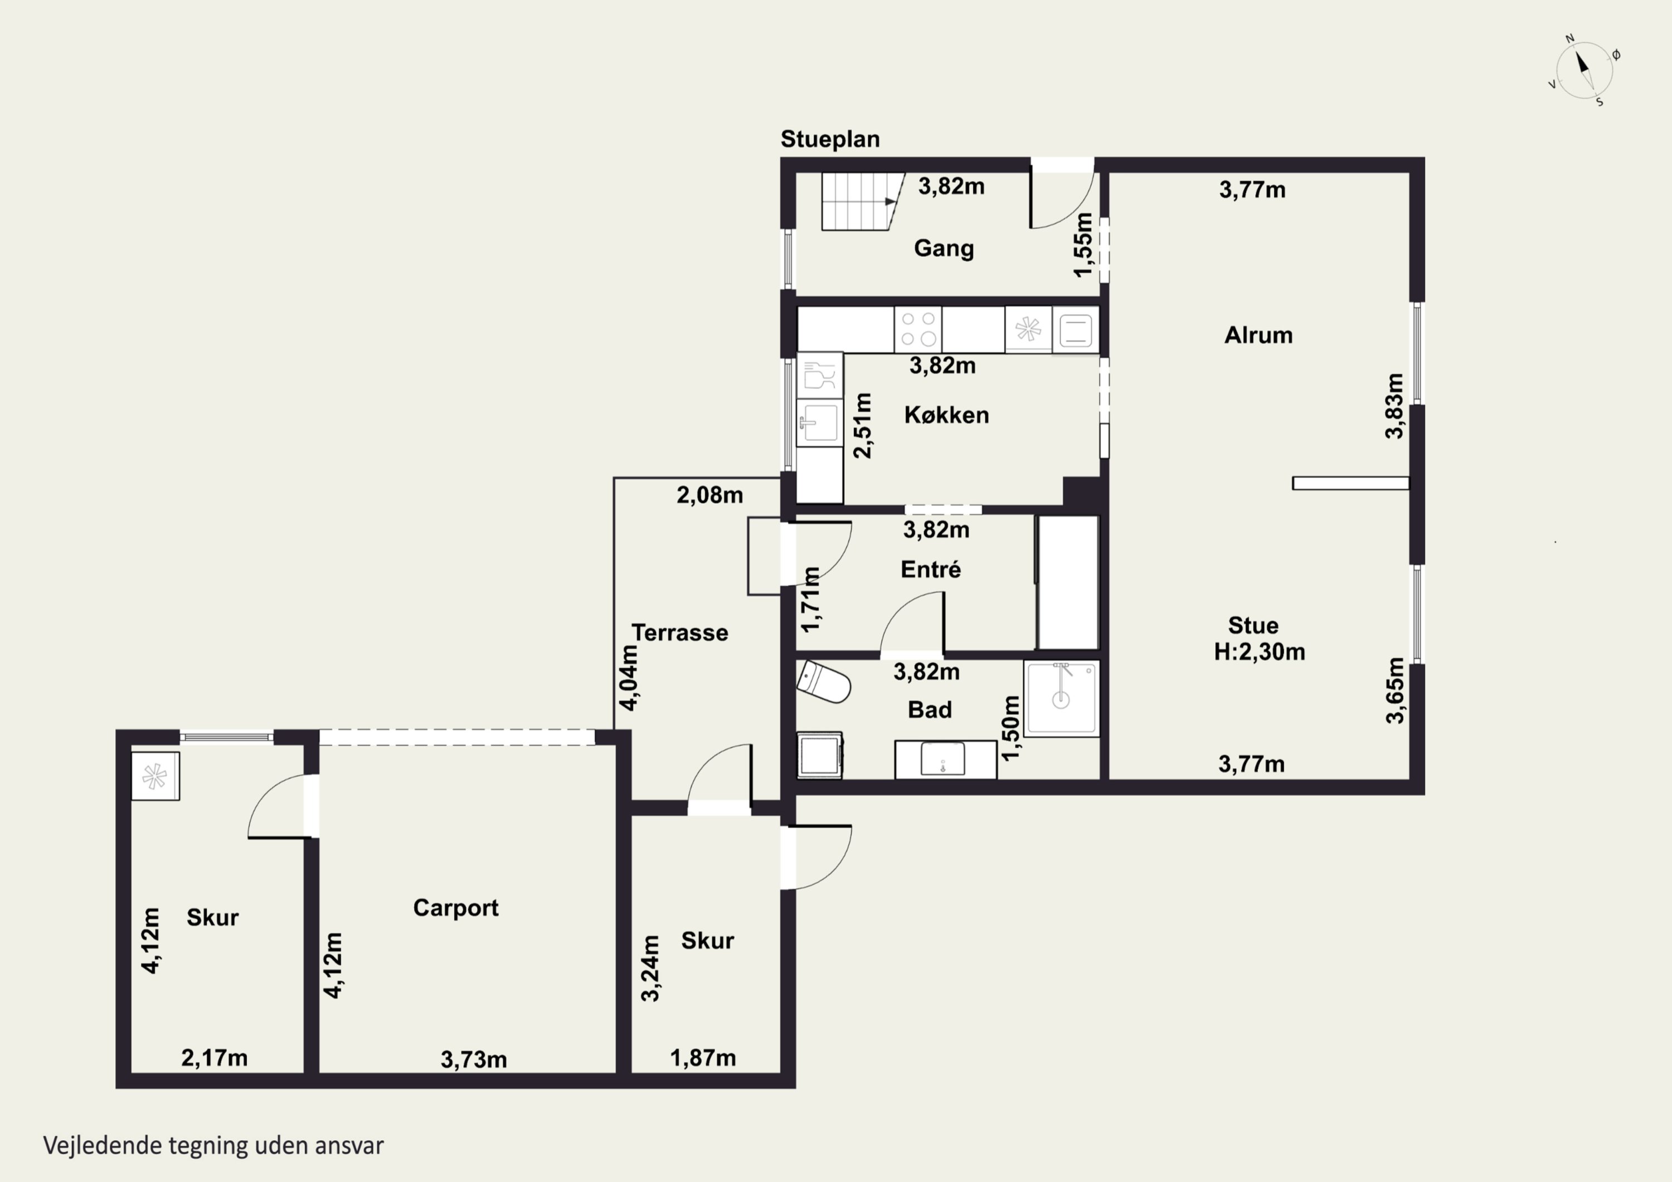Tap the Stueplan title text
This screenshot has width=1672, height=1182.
click(830, 139)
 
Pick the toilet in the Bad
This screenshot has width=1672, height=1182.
click(824, 683)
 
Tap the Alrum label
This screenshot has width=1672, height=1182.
click(1258, 335)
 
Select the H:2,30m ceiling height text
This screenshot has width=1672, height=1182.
click(1259, 651)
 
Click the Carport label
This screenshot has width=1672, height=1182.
click(456, 908)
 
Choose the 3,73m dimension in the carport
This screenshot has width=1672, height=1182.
click(473, 1059)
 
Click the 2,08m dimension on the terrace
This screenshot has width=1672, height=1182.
click(710, 495)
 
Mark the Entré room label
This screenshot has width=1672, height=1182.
click(931, 569)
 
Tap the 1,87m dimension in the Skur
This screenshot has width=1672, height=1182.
click(703, 1058)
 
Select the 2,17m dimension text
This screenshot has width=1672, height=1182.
click(214, 1058)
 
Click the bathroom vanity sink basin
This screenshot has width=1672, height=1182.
click(943, 759)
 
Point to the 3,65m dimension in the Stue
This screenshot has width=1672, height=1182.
click(1394, 690)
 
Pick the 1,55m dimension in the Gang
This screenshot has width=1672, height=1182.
click(1083, 245)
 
